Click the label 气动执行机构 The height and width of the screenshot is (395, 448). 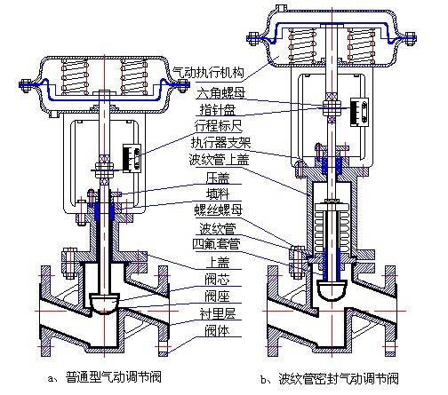click(x=209, y=73)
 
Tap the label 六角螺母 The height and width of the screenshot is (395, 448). click(x=221, y=93)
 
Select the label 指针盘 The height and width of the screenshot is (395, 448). click(x=218, y=109)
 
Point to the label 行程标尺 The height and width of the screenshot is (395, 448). click(x=219, y=126)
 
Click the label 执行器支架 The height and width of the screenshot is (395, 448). click(x=221, y=143)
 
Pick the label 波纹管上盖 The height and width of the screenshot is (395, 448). click(x=220, y=160)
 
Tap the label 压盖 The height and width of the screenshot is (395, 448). click(x=218, y=178)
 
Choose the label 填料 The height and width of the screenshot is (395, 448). click(x=218, y=194)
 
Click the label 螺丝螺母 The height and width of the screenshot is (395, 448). click(x=219, y=210)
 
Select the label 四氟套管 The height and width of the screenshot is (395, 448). click(x=217, y=244)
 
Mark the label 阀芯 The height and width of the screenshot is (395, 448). click(x=217, y=280)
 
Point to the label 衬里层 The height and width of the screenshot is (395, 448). click(x=218, y=313)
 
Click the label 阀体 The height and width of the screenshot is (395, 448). click(x=217, y=330)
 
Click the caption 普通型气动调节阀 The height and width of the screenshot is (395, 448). click(x=114, y=377)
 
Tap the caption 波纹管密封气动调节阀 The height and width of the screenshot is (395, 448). click(x=339, y=378)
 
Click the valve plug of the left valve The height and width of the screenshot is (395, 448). click(x=104, y=303)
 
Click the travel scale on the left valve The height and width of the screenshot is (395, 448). click(x=132, y=158)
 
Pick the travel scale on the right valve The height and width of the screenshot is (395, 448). click(x=359, y=113)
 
